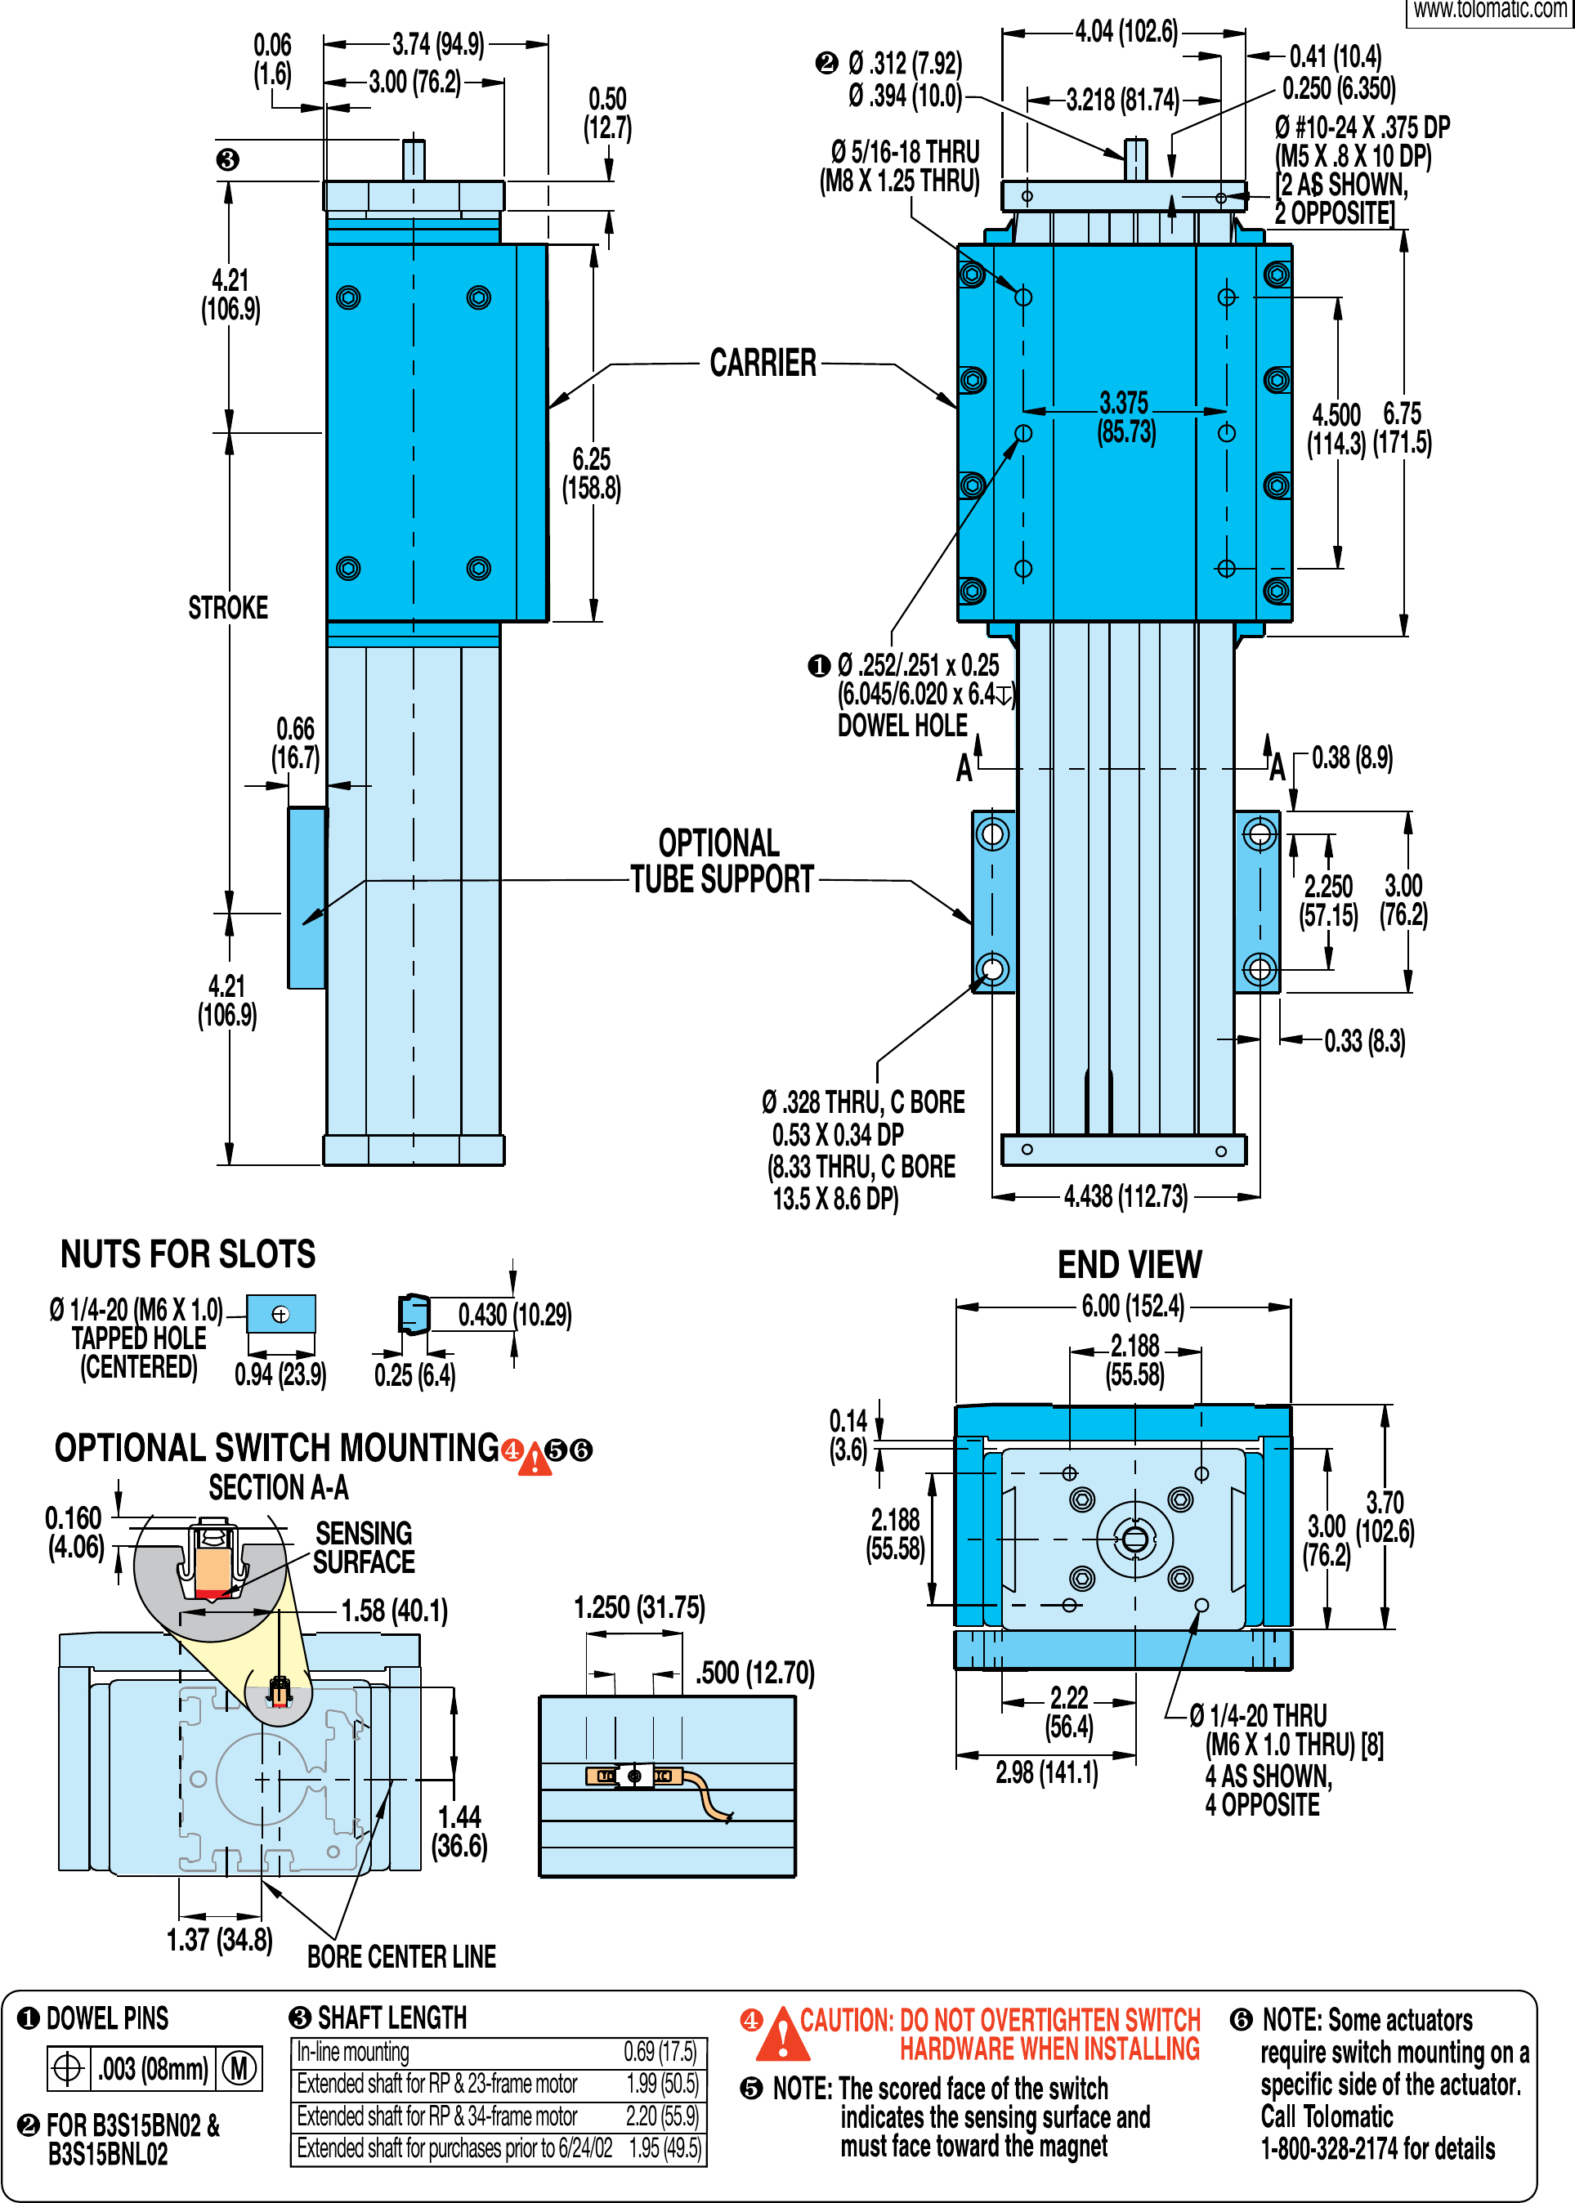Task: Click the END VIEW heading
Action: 1129,1264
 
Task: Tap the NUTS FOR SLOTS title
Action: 187,1253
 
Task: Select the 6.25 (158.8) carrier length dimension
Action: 592,473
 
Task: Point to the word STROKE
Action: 228,608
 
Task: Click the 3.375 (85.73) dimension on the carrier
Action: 1125,417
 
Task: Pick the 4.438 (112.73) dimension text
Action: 1125,1196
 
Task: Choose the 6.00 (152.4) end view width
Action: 1133,1306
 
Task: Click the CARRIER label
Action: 763,363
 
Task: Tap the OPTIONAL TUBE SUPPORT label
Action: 722,861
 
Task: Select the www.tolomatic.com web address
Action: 1490,10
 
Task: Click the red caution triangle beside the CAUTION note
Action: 781,2036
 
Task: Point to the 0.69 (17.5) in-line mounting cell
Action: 660,2052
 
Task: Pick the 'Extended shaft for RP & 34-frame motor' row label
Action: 436,2116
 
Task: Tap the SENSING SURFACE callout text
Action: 364,1548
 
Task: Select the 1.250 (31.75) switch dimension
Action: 639,1607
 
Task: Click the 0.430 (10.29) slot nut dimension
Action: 514,1315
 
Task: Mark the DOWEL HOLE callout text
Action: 902,726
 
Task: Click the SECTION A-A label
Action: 279,1487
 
